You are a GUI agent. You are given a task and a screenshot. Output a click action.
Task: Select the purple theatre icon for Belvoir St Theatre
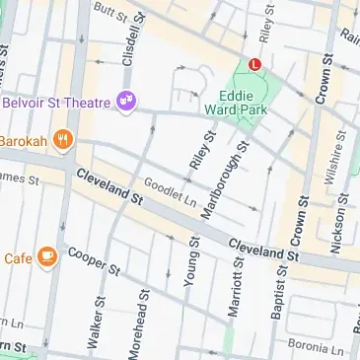[126, 100]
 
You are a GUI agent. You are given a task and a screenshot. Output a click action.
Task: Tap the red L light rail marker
[255, 64]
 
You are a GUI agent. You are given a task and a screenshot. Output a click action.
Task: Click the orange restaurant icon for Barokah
[62, 139]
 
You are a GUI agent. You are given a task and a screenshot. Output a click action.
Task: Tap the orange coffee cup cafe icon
[47, 257]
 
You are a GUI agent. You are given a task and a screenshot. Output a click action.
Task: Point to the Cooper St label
[94, 260]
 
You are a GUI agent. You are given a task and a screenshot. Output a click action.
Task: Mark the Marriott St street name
[235, 295]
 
